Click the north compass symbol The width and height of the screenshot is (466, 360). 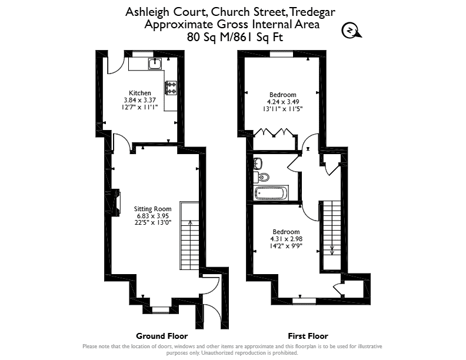coord(351,31)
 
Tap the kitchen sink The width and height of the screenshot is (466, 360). coord(155,64)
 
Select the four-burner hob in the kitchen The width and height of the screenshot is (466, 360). coord(171,88)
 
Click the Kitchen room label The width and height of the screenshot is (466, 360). coord(139,93)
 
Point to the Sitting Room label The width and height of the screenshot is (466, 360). coord(152,209)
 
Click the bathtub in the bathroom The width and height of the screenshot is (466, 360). coord(271,193)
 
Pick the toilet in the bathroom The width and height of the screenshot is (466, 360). coord(262,176)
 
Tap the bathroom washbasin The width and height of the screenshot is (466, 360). coord(258,164)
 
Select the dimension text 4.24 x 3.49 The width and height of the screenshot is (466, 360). coord(282,102)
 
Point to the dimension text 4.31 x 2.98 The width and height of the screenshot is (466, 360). coord(286,239)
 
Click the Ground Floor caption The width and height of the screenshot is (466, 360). coord(162,336)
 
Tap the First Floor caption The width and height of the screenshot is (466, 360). coord(308,336)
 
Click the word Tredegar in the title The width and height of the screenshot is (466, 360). coord(312,12)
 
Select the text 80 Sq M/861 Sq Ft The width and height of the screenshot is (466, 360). coord(235,37)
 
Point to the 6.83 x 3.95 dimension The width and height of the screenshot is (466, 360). coord(153,216)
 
